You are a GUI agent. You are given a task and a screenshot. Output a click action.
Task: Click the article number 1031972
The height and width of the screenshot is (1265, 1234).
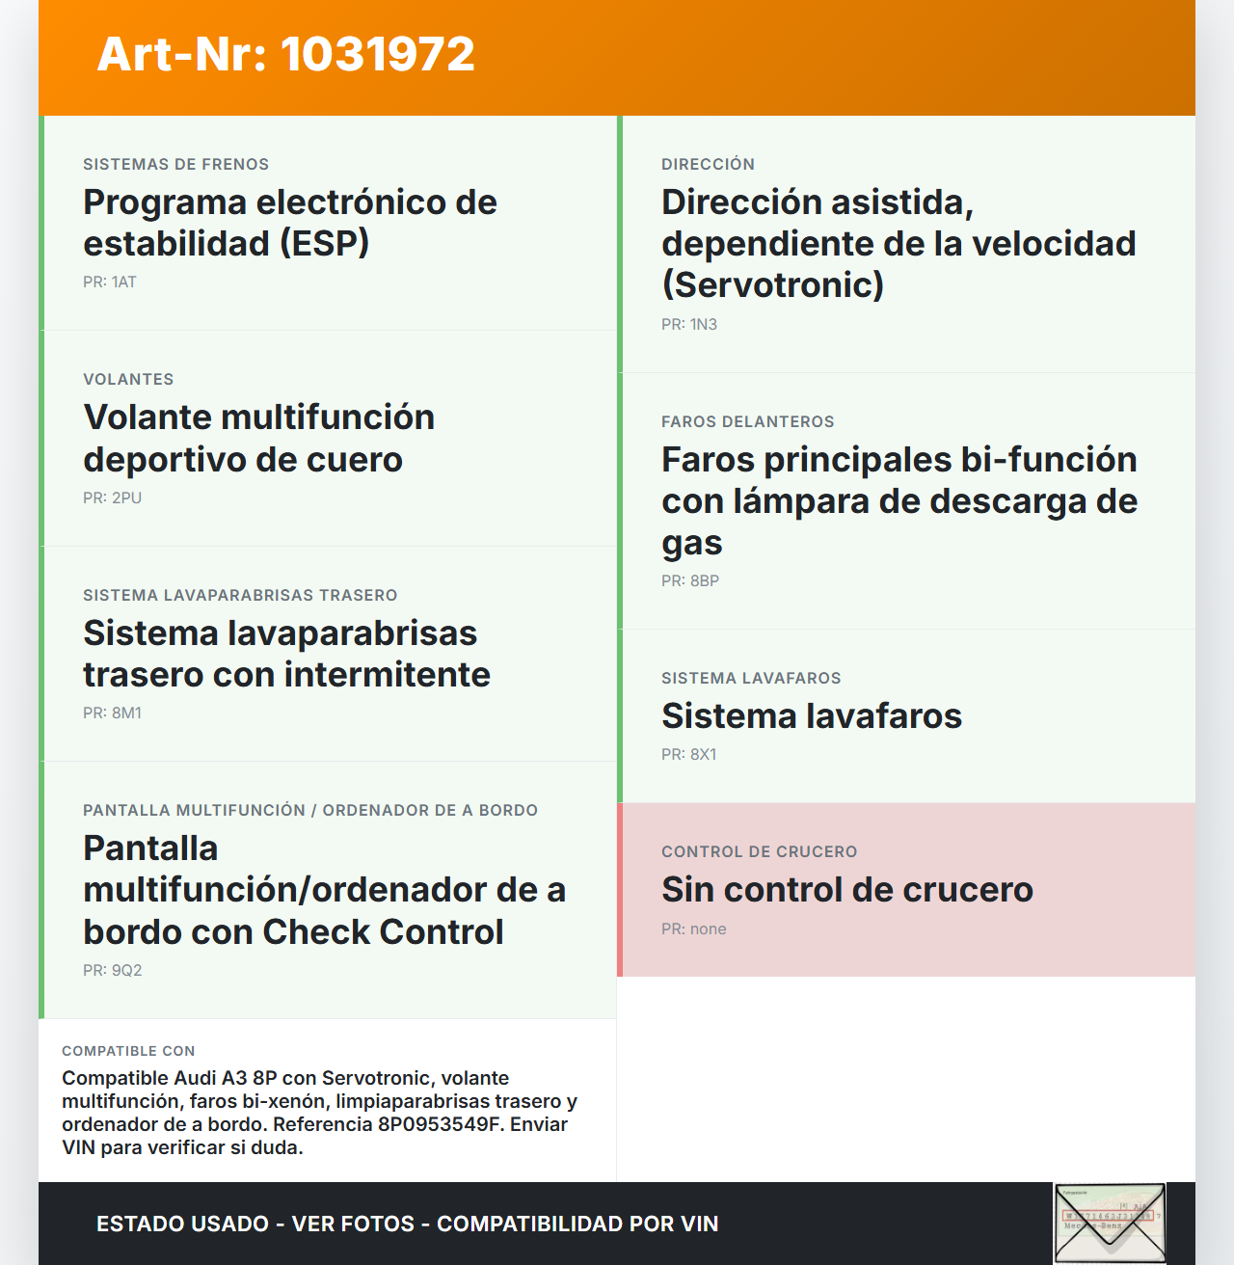tap(377, 55)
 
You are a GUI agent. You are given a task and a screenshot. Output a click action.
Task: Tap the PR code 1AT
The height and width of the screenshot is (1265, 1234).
tap(123, 283)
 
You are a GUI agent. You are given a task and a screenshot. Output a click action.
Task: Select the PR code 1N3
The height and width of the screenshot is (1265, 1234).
tap(703, 325)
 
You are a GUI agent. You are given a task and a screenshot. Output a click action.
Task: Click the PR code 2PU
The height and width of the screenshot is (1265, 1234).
tap(126, 498)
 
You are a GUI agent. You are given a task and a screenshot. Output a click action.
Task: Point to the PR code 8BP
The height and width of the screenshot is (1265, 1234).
tap(704, 581)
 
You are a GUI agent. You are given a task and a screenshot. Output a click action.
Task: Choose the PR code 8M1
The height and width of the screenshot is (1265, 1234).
tap(126, 713)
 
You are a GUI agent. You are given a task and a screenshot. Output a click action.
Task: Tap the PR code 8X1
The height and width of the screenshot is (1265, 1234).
tap(703, 755)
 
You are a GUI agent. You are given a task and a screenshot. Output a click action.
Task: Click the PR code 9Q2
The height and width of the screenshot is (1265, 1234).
tap(126, 971)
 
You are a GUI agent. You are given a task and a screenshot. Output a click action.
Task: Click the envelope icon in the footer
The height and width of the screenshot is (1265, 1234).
tap(1110, 1223)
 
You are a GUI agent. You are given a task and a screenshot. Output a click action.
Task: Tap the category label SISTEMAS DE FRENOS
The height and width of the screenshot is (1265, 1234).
tap(175, 165)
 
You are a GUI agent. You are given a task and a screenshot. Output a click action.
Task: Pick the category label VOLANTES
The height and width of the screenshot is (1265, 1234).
tap(128, 380)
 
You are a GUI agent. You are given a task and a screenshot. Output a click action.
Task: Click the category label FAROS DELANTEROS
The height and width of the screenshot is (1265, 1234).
tap(748, 422)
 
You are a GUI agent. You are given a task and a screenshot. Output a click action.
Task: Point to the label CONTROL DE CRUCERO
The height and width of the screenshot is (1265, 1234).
tap(759, 852)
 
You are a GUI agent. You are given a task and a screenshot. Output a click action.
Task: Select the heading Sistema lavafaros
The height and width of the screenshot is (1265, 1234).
tap(812, 716)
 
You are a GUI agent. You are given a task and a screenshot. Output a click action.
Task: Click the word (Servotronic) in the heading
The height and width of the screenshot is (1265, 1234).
tap(772, 285)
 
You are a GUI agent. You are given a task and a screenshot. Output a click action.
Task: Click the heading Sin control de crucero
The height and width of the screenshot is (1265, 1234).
tap(846, 890)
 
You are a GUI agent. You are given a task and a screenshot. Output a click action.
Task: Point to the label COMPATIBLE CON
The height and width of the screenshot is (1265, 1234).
tap(128, 1051)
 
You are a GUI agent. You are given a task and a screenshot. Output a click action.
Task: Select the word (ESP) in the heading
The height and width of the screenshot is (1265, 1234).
tap(325, 244)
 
